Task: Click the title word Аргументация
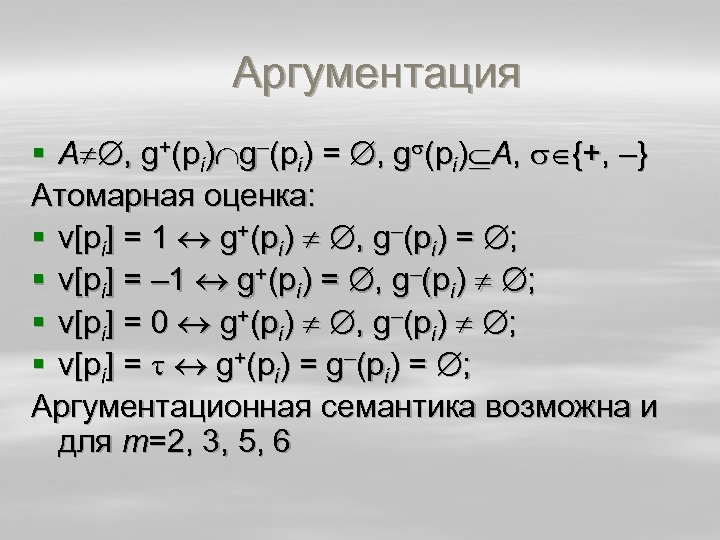[x=378, y=75]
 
